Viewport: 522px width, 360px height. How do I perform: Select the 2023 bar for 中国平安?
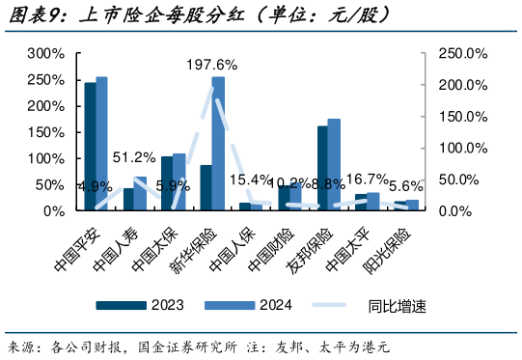(x=90, y=146)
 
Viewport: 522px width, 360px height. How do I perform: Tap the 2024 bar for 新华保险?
(x=218, y=143)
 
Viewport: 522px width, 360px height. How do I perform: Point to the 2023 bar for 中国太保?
(x=167, y=182)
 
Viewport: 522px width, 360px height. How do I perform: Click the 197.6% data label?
(x=212, y=65)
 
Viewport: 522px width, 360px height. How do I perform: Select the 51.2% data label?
(x=134, y=156)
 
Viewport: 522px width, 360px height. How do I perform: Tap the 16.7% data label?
(x=367, y=179)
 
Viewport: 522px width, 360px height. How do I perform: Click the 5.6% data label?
(x=405, y=185)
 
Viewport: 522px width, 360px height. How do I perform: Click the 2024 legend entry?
(x=257, y=306)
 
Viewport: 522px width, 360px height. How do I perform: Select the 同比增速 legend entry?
(x=376, y=306)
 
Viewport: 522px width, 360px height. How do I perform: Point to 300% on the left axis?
(x=45, y=53)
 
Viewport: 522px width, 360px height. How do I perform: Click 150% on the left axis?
(x=45, y=131)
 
